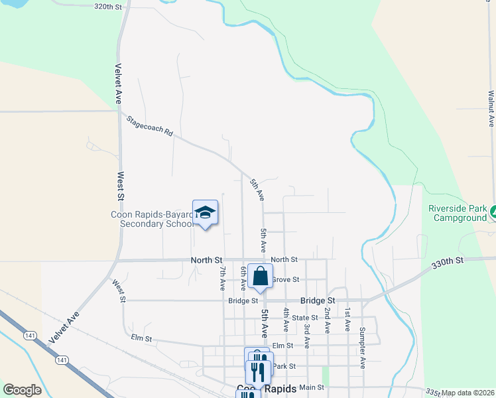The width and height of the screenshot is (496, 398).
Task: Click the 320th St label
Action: pyautogui.click(x=109, y=6)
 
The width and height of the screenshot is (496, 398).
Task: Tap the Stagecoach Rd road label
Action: pyautogui.click(x=150, y=125)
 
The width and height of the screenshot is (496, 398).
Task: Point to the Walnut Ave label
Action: pyautogui.click(x=491, y=109)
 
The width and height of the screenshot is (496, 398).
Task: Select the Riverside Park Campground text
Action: pyautogui.click(x=458, y=212)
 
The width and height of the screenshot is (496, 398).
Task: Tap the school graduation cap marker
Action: pyautogui.click(x=206, y=212)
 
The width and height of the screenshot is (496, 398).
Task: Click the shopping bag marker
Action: pyautogui.click(x=260, y=276)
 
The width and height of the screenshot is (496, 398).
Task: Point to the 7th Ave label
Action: pyautogui.click(x=223, y=278)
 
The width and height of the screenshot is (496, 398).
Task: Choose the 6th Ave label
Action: pyautogui.click(x=243, y=278)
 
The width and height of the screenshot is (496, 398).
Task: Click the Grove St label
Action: pyautogui.click(x=286, y=280)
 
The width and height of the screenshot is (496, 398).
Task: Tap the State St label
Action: pyautogui.click(x=305, y=318)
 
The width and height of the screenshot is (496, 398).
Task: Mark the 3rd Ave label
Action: pyautogui.click(x=307, y=336)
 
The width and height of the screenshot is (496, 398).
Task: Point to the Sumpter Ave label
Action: pyautogui.click(x=362, y=348)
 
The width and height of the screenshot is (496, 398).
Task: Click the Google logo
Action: pyautogui.click(x=22, y=390)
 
